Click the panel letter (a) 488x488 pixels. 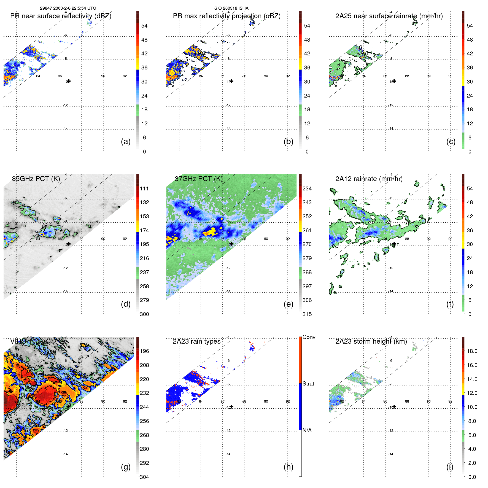(126, 142)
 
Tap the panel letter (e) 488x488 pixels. (288, 304)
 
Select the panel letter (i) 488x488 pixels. (450, 467)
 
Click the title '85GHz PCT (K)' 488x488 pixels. (36, 179)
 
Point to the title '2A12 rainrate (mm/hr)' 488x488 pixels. (369, 179)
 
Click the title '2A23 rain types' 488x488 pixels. (196, 341)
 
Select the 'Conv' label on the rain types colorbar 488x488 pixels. (309, 337)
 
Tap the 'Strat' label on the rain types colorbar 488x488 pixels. (308, 384)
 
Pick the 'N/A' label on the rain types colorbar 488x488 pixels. (307, 430)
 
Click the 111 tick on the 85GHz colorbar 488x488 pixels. (144, 188)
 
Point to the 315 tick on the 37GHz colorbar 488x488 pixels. (307, 314)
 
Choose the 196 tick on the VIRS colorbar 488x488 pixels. (144, 351)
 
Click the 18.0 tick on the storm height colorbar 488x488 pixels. (472, 351)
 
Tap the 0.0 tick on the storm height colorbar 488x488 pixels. (472, 477)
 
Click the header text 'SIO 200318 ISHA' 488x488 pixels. (231, 8)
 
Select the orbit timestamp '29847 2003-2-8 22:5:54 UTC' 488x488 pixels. (68, 8)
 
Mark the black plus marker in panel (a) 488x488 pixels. (69, 81)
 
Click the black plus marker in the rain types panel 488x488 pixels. (231, 406)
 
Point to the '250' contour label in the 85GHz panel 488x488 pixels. (44, 227)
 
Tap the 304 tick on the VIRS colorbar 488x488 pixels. (144, 477)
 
